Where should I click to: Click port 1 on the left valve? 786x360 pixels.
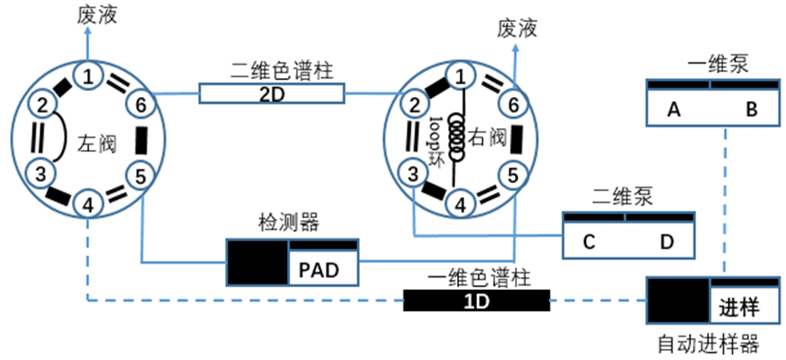point(88,76)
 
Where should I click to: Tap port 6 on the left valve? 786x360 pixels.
point(143,104)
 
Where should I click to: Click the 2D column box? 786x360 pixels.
point(273,94)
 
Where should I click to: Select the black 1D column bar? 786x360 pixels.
point(476,300)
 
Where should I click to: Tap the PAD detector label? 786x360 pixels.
point(319,270)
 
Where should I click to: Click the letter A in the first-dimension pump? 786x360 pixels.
point(674,110)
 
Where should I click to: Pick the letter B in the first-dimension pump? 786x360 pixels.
point(751,110)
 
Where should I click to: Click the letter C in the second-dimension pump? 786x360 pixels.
point(590,243)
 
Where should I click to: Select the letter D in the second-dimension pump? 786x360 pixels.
point(667,243)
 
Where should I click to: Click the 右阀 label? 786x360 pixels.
point(487,137)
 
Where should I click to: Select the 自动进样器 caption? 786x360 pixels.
point(708,345)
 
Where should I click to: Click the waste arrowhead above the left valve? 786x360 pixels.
point(88,31)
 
